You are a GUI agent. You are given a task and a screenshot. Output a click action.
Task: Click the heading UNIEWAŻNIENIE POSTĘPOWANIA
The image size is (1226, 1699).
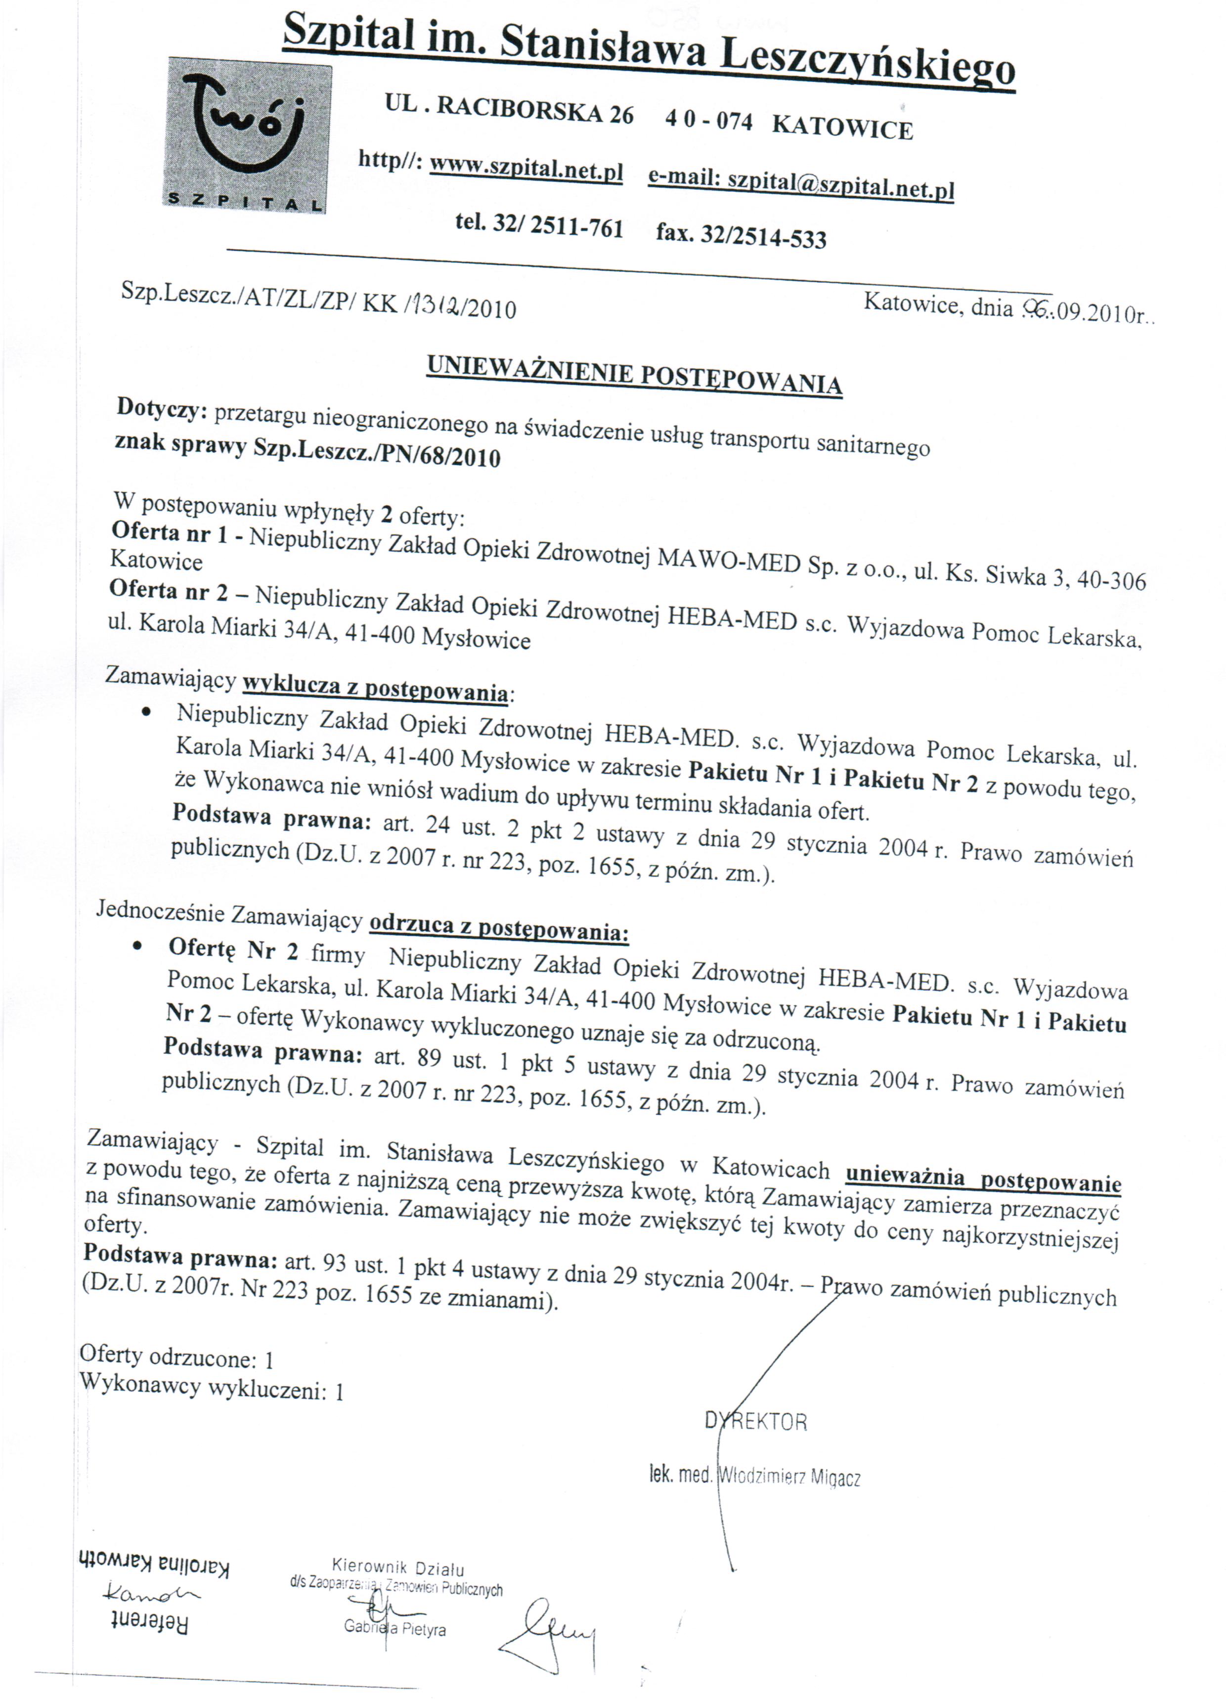[x=634, y=374]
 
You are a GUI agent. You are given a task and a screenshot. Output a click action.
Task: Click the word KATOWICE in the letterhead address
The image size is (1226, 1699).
[x=842, y=126]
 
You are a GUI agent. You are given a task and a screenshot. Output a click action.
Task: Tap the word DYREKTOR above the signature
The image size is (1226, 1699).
[x=755, y=1421]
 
